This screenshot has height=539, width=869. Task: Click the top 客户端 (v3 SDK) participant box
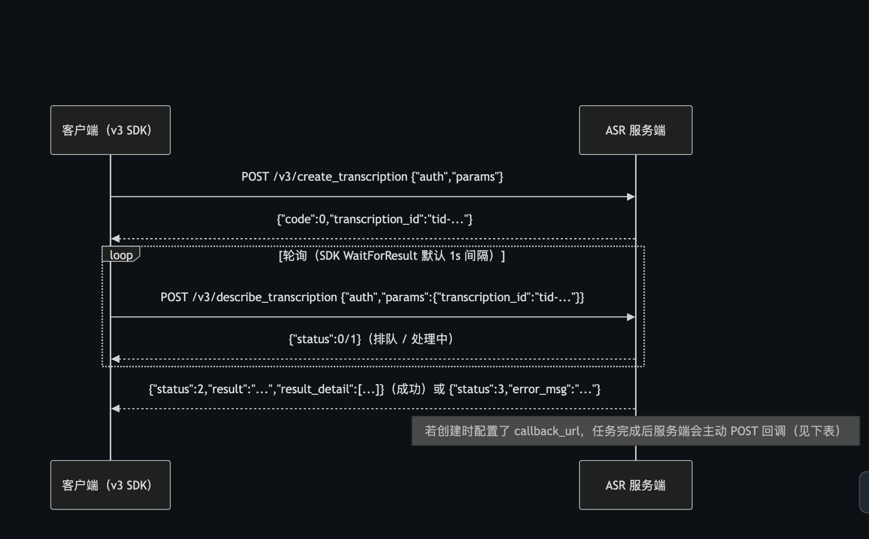pyautogui.click(x=110, y=130)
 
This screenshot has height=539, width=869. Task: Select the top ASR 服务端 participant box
pyautogui.click(x=636, y=130)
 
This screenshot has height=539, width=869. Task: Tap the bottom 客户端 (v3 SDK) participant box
pyautogui.click(x=110, y=485)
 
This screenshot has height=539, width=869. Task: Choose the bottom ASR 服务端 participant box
pyautogui.click(x=636, y=485)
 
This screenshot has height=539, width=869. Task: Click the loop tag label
pyautogui.click(x=121, y=254)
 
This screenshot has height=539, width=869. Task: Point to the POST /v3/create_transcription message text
pyautogui.click(x=372, y=177)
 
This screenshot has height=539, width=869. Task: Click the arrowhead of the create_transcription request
pyautogui.click(x=631, y=197)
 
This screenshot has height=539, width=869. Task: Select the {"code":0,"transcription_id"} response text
pyautogui.click(x=374, y=219)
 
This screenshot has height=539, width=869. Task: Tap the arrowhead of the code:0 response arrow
pyautogui.click(x=115, y=239)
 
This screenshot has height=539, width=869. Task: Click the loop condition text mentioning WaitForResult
pyautogui.click(x=392, y=256)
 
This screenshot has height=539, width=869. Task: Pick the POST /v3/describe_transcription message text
pyautogui.click(x=372, y=297)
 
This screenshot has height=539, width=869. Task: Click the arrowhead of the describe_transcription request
pyautogui.click(x=631, y=317)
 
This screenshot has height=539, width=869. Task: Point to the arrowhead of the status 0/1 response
pyautogui.click(x=115, y=359)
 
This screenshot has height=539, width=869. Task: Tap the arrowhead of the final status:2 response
pyautogui.click(x=115, y=408)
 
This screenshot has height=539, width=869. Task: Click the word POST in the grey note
pyautogui.click(x=744, y=431)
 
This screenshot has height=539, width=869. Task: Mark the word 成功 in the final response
pyautogui.click(x=409, y=389)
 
